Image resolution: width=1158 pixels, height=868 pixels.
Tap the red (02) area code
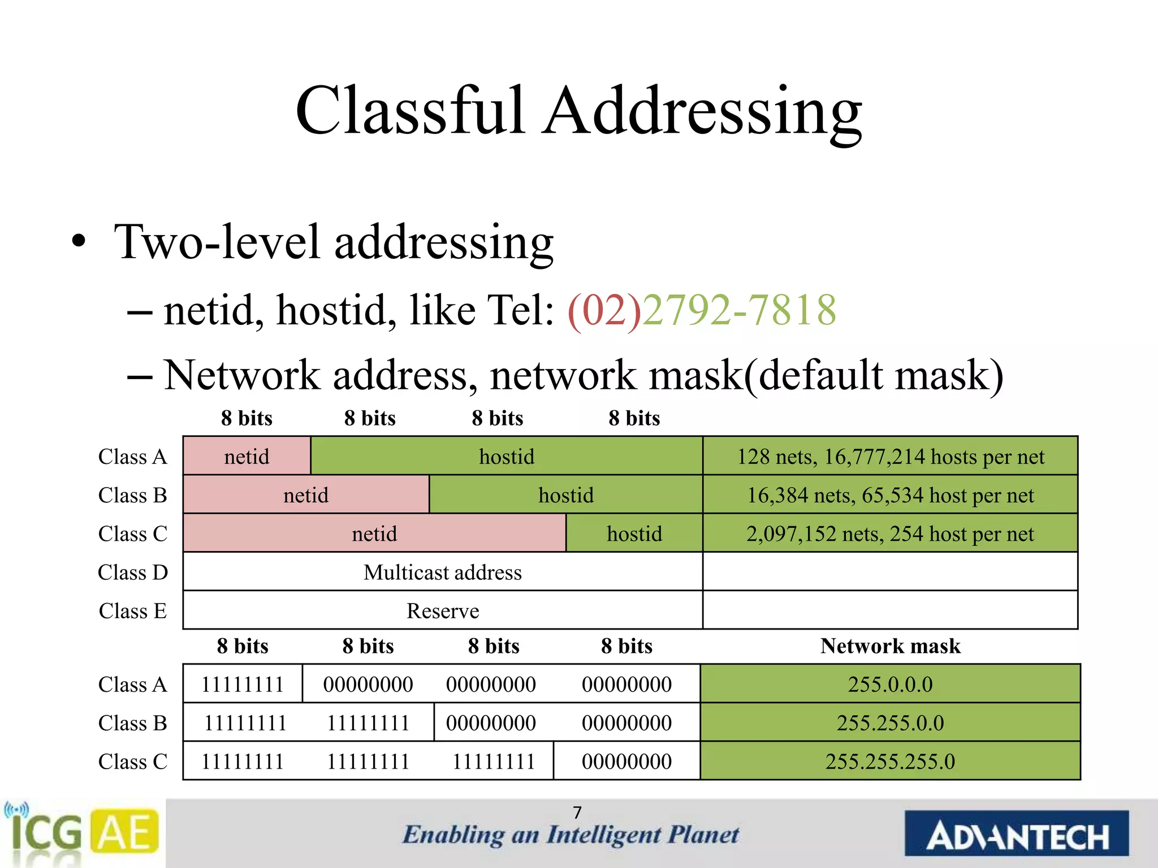click(x=604, y=310)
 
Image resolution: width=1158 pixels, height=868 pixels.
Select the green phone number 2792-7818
click(x=739, y=310)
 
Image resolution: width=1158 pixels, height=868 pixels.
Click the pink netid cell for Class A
click(x=247, y=456)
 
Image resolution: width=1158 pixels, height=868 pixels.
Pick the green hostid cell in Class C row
click(x=634, y=533)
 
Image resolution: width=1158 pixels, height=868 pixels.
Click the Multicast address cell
click(x=443, y=572)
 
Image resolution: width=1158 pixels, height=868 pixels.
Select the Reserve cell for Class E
click(x=443, y=611)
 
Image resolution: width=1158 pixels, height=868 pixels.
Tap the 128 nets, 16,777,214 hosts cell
click(x=890, y=456)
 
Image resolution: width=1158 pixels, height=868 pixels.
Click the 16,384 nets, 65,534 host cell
click(x=890, y=495)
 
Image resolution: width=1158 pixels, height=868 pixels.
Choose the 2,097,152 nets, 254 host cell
click(x=890, y=533)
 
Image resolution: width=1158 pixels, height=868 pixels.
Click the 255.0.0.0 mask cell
click(x=890, y=684)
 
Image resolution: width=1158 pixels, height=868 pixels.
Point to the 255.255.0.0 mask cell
click(x=890, y=723)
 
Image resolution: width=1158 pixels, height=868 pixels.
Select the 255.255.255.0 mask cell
click(x=890, y=761)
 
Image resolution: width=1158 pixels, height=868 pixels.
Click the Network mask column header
click(x=890, y=646)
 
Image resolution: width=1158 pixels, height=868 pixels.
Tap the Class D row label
click(x=133, y=572)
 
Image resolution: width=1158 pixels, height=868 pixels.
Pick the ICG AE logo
click(x=82, y=832)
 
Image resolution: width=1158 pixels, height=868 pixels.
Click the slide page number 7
click(x=577, y=812)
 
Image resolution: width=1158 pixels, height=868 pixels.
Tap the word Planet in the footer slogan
click(x=703, y=835)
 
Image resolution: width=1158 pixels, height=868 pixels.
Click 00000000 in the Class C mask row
click(x=626, y=761)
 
